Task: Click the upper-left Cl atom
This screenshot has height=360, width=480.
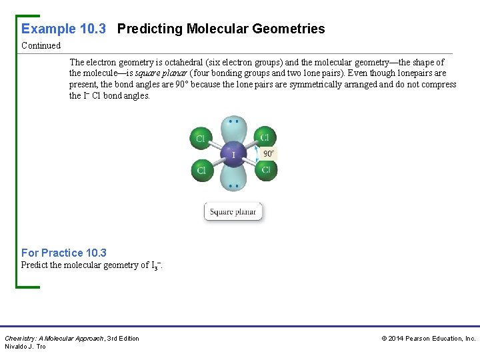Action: (x=200, y=138)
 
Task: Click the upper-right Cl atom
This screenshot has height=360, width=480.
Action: (x=265, y=137)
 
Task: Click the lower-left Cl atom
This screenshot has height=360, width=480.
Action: (x=201, y=171)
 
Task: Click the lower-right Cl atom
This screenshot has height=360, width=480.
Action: (x=265, y=169)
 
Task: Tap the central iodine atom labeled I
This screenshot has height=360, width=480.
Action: (x=233, y=155)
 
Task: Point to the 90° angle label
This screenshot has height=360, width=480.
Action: (x=269, y=153)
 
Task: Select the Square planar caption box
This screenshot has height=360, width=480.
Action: (x=233, y=212)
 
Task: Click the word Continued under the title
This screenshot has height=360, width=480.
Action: (x=41, y=46)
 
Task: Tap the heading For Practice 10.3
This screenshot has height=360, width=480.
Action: (x=64, y=253)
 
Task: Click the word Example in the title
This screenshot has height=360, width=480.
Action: (x=49, y=29)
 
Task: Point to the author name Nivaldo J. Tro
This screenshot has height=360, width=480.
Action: (x=25, y=347)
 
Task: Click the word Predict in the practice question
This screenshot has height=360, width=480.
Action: (x=34, y=265)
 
